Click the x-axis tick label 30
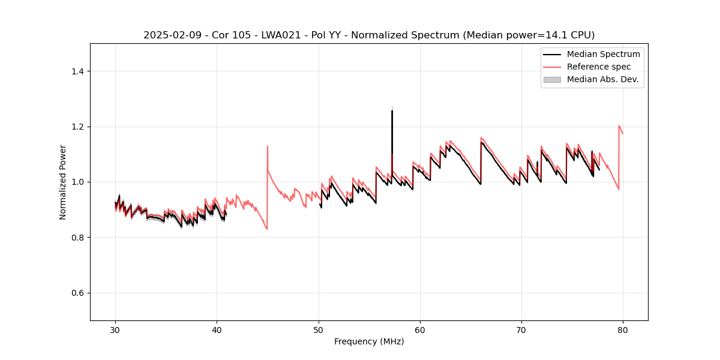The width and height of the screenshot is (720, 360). point(116,330)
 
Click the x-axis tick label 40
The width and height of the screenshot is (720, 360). point(217,330)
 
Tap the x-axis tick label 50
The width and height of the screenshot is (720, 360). point(319,330)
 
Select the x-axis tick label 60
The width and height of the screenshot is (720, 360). point(420,330)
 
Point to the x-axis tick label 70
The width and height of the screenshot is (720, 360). point(521,330)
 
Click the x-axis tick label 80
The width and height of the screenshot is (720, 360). point(623,330)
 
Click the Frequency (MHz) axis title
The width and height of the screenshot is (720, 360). point(369,341)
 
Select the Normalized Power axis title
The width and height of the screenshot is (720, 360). point(63,182)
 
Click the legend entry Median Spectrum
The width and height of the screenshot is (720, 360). point(603,54)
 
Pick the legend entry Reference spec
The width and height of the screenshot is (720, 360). point(599,67)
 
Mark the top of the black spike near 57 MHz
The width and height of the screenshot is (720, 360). point(392,111)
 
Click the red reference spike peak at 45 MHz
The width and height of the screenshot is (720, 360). point(268,146)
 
